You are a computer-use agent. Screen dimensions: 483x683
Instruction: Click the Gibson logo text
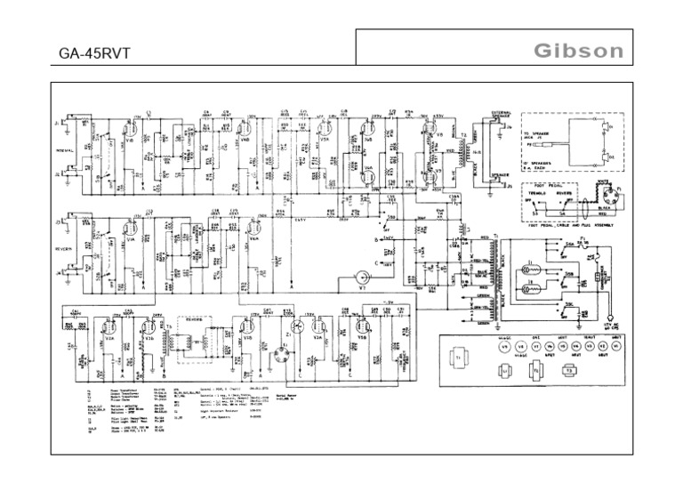pos(578,51)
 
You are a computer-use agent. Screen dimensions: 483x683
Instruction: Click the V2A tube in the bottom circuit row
pos(112,338)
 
